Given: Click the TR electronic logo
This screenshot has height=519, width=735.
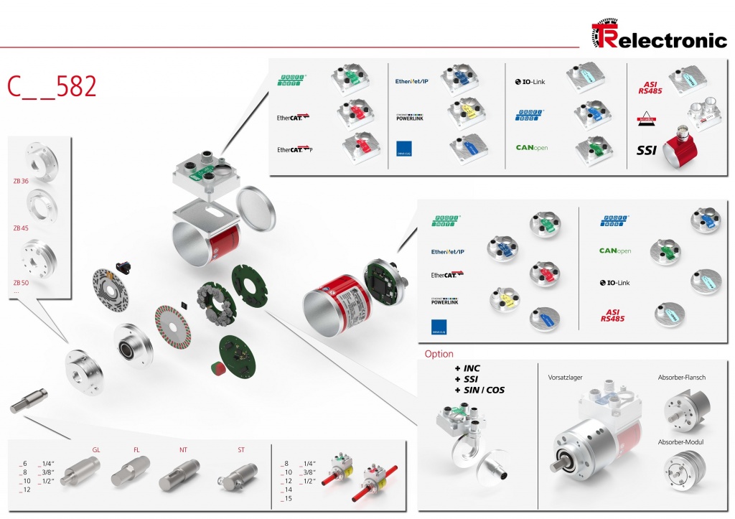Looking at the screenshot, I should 658,35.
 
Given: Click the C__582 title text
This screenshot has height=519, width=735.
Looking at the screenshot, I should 52,86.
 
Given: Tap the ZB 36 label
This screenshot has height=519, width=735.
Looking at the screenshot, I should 20,181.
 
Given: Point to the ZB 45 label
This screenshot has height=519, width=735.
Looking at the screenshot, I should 20,228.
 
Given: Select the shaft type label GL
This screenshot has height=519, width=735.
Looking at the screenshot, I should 96,450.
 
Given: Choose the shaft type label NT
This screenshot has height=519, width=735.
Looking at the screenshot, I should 183,450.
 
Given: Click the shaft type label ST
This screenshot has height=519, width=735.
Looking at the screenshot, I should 241,450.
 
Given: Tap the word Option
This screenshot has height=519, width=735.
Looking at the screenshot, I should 439,354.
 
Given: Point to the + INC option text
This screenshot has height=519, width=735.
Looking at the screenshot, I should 467,368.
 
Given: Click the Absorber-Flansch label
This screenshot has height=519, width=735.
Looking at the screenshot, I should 682,378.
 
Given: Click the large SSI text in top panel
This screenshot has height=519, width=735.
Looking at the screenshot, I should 647,151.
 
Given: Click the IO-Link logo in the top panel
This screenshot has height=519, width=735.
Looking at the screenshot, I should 530,82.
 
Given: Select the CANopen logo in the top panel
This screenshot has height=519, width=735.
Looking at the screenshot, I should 532,148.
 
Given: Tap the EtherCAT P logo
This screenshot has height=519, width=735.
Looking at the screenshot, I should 294,149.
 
